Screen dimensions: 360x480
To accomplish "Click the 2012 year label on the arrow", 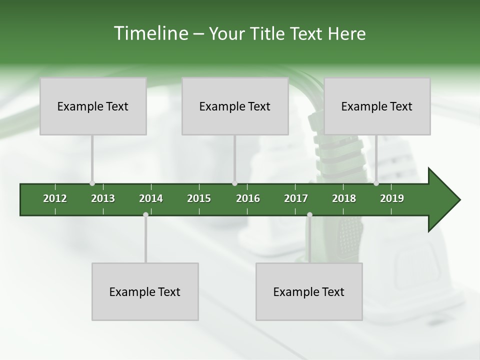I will [x=55, y=198].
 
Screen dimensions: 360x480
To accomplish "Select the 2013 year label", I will [x=103, y=198].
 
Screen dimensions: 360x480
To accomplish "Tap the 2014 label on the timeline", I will [x=151, y=198].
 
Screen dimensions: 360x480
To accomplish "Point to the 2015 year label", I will [x=199, y=198].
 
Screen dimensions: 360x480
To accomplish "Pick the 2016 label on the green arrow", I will [x=248, y=198].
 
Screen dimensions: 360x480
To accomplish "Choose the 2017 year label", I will [x=296, y=198].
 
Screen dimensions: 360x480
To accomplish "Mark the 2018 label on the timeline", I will [x=344, y=198].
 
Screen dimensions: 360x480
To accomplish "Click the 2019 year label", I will [x=392, y=198].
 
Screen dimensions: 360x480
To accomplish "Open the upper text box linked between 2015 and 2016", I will [x=235, y=106].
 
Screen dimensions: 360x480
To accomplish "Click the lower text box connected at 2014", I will [x=145, y=291].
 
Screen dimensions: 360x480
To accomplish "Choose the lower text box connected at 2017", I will [x=309, y=291].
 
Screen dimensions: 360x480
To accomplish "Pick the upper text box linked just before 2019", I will [x=377, y=106].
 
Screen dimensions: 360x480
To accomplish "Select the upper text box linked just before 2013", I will [x=93, y=106].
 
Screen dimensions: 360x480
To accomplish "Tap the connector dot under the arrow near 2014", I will [x=145, y=214].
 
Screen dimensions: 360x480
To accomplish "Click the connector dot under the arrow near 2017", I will [x=309, y=214].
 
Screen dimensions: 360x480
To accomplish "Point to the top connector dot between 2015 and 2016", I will [x=234, y=183].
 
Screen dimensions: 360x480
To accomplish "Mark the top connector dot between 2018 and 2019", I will [x=376, y=183].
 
